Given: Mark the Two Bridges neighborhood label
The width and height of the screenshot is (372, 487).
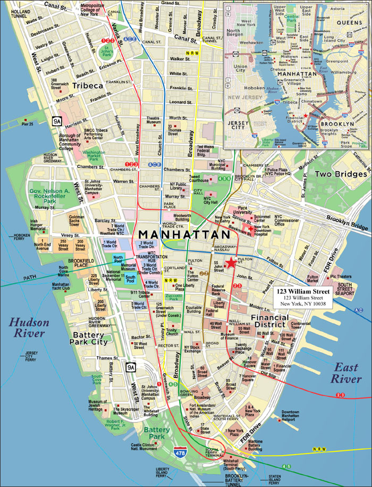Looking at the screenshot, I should tap(340, 174).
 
